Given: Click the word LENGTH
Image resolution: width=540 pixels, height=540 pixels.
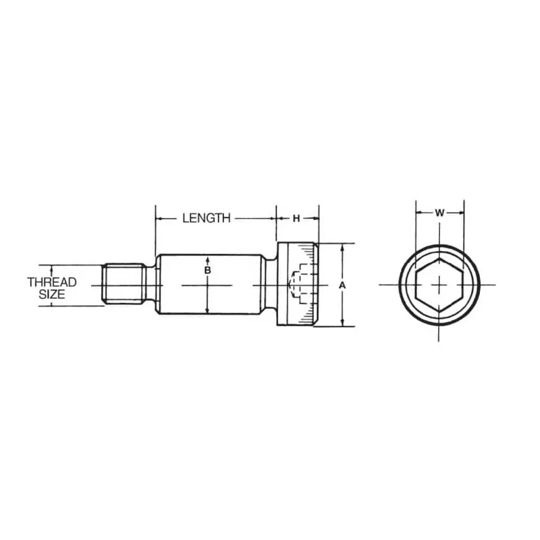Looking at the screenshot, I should (x=206, y=218).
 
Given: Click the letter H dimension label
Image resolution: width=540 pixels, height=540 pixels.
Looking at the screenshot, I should (x=296, y=218).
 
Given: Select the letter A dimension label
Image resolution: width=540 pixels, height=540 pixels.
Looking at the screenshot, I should (x=342, y=286).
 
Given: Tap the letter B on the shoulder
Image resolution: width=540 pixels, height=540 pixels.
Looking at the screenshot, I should (x=208, y=270).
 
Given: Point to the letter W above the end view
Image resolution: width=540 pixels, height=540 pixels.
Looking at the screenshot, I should (x=439, y=213).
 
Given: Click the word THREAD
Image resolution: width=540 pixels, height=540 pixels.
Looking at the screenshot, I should (x=52, y=282).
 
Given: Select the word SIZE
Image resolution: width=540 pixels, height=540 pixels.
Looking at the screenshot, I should (x=52, y=295).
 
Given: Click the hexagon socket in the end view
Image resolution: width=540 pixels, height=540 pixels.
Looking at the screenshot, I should (x=439, y=284).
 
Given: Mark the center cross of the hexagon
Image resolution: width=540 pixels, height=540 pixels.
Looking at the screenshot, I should (x=439, y=284).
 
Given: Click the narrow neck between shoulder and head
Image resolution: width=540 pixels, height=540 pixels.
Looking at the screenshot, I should (x=269, y=285).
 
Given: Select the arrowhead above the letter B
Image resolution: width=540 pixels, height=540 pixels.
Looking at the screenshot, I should (x=208, y=259).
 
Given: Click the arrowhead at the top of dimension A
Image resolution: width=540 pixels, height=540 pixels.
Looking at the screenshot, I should (x=342, y=247).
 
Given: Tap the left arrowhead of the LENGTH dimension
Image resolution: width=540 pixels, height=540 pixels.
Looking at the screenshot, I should (x=160, y=218).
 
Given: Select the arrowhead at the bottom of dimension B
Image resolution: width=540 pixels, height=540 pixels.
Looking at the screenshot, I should (x=208, y=310).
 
